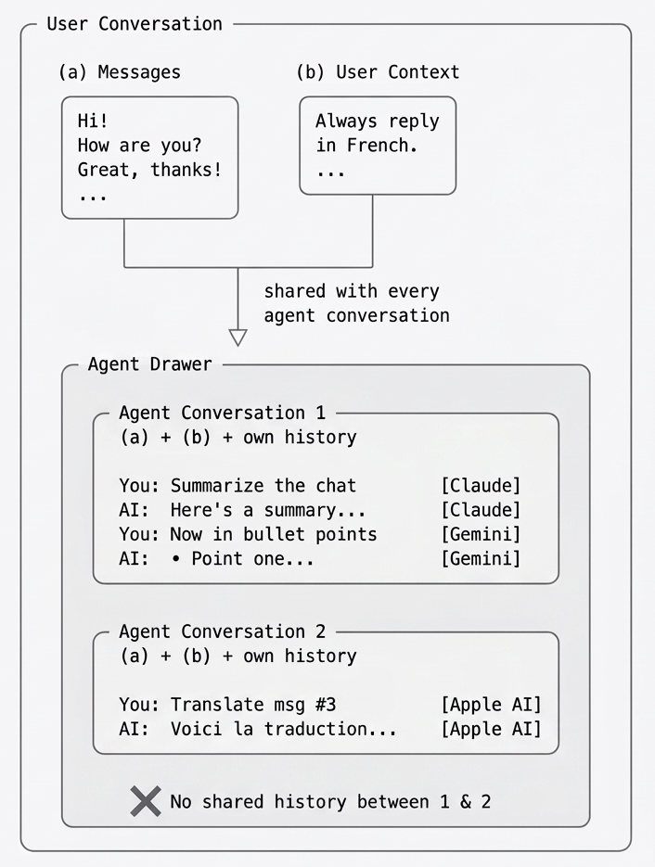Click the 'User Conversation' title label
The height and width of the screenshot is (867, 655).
135,24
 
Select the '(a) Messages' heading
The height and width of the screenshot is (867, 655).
119,72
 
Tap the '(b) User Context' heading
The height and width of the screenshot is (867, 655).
377,72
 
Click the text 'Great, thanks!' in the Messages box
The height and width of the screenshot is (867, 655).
149,171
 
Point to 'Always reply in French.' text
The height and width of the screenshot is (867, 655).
377,134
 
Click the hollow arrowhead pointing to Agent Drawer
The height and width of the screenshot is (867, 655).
238,337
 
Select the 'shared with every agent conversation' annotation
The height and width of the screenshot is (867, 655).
356,303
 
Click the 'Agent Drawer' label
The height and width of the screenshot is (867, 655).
149,364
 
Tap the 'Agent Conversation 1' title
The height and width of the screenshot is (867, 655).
223,413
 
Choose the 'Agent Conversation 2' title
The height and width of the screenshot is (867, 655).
223,631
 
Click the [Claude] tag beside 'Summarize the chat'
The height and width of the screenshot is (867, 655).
480,486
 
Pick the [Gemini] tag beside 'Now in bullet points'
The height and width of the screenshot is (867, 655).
480,534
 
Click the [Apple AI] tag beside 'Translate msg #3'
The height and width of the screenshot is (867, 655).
490,705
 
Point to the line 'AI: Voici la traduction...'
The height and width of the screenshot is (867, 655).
258,729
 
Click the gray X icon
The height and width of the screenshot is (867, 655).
146,801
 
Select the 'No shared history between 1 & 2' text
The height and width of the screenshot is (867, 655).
330,801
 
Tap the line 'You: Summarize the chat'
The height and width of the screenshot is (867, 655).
238,486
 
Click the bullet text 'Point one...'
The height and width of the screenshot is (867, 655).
252,558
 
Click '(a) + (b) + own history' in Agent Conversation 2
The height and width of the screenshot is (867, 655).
238,656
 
